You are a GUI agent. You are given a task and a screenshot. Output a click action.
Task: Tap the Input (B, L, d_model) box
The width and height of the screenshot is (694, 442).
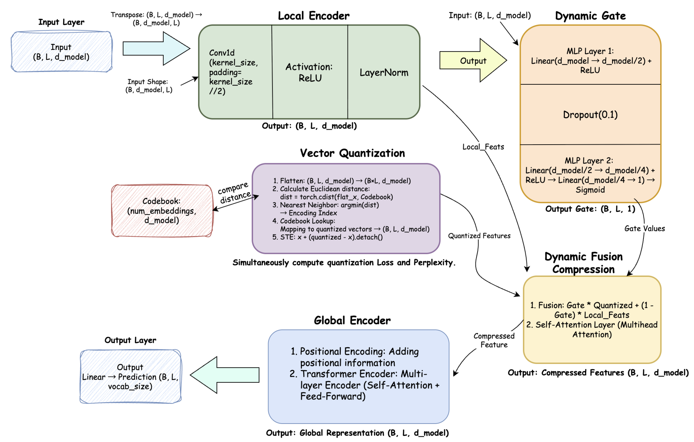61,52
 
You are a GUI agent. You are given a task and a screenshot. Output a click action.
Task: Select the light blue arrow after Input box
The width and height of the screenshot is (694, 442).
156,48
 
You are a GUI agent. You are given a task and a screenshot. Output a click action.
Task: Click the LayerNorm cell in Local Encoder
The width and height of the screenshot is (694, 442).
384,72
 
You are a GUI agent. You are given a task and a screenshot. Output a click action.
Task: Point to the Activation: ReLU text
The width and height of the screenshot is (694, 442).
309,72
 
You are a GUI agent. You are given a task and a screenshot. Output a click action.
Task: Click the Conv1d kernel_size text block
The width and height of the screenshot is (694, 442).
233,72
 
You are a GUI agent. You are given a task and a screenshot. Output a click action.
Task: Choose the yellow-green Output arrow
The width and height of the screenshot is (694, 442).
473,60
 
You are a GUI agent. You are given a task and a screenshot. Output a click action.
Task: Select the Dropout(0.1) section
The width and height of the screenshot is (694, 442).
590,115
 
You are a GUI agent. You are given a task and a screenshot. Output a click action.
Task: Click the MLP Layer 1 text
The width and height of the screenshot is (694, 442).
590,60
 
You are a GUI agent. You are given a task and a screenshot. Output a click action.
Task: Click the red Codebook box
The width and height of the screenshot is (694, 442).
162,211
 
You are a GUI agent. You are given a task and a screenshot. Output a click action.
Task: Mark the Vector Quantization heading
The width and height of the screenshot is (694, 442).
352,153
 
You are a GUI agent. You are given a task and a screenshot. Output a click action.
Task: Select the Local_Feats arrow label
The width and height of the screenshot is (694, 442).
483,147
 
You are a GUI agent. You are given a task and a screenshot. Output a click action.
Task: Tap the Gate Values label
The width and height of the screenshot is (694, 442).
644,229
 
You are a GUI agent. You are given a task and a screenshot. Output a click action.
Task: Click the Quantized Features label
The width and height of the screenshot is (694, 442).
479,236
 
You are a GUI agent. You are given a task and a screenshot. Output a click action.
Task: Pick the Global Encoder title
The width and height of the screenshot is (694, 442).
352,320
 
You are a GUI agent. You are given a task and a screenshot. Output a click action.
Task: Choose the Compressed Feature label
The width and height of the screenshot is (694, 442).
494,340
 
